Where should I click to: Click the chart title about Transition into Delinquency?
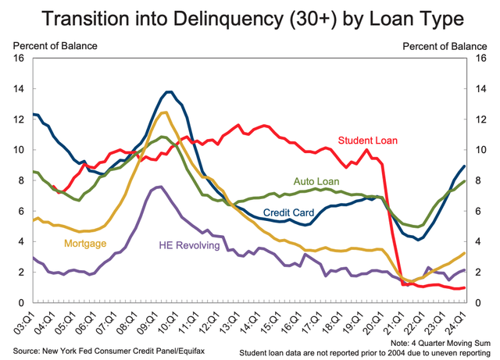(250, 17)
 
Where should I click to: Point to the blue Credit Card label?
(289, 212)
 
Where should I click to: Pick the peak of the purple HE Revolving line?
(159, 187)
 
